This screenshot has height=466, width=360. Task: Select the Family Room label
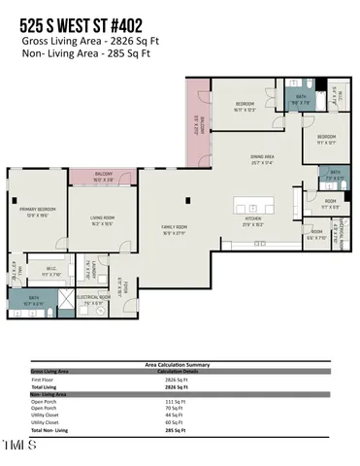point(176,230)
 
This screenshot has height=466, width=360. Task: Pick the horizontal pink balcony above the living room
point(103,178)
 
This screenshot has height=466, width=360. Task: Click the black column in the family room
point(188,202)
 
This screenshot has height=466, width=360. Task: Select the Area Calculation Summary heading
point(180,365)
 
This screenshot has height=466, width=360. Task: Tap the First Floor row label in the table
point(44,379)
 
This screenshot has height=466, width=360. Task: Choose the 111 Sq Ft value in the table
point(176,400)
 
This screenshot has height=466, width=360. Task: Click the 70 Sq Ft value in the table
point(175,408)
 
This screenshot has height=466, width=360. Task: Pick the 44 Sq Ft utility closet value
point(175,415)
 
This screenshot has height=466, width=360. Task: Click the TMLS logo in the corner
point(18,447)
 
